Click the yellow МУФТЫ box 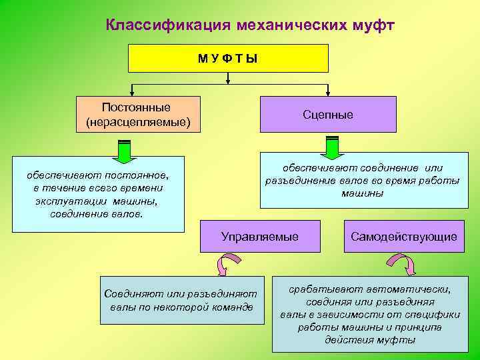pos(229,58)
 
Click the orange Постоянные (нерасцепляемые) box pos(138,114)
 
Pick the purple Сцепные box pos(327,114)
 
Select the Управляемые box pos(260,236)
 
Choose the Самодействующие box pos(404,236)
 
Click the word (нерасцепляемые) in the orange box pos(138,122)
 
